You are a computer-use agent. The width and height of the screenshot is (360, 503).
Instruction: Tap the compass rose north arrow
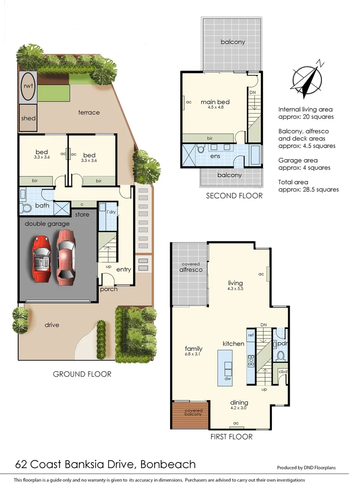click(307, 79)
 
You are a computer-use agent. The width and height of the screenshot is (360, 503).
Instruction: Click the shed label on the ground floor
click(28, 118)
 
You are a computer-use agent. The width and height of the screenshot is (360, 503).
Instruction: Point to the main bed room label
click(215, 102)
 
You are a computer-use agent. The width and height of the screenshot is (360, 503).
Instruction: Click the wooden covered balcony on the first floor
click(190, 415)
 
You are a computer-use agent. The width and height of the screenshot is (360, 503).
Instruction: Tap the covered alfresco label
click(191, 267)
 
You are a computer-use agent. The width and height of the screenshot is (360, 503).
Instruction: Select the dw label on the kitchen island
click(228, 379)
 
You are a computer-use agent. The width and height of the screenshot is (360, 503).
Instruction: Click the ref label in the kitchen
click(251, 335)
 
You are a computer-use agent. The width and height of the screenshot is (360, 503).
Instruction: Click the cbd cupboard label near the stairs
click(282, 371)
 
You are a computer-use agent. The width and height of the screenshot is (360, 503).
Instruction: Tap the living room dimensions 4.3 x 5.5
click(235, 289)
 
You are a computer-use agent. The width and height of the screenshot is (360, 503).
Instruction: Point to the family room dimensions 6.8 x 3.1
click(193, 354)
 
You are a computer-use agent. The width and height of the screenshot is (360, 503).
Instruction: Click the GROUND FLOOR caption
click(82, 374)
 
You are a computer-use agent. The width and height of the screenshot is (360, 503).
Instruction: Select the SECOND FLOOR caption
click(234, 196)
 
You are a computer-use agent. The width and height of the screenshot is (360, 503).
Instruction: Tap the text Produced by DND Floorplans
click(306, 468)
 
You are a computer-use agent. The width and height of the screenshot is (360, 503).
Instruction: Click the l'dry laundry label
click(111, 212)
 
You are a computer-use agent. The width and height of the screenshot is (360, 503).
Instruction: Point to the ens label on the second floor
click(215, 156)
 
